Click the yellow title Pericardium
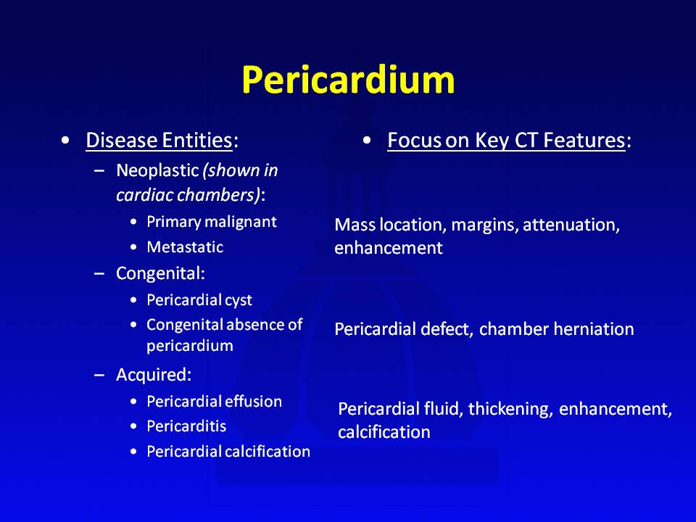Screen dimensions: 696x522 349,80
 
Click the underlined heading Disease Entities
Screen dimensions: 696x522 159,140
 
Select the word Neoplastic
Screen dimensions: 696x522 157,171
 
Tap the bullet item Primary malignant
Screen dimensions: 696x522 212,222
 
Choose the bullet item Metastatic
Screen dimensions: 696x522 185,246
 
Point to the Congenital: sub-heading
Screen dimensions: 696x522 160,273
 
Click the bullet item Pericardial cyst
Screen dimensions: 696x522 199,300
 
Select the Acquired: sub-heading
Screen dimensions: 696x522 154,375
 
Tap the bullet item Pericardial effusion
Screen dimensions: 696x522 215,401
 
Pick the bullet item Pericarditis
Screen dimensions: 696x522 186,426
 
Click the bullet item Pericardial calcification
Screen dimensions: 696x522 228,452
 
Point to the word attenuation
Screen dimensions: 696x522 571,225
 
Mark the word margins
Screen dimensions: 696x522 485,225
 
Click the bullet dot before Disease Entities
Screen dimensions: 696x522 66,140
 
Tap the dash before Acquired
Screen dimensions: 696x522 99,375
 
